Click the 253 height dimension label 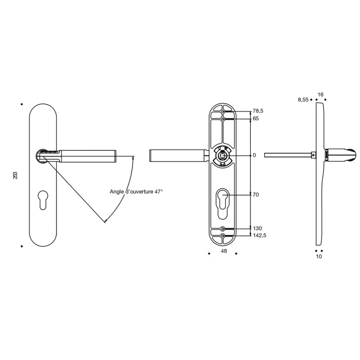tap(15, 175)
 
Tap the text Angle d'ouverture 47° tap(136, 192)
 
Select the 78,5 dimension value tap(258, 111)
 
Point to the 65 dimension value tap(256, 119)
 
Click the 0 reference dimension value tap(254, 155)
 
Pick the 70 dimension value tap(256, 195)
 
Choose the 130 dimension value tap(258, 228)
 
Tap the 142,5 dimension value tap(260, 235)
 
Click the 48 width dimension tap(224, 251)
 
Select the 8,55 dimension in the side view tap(303, 100)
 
